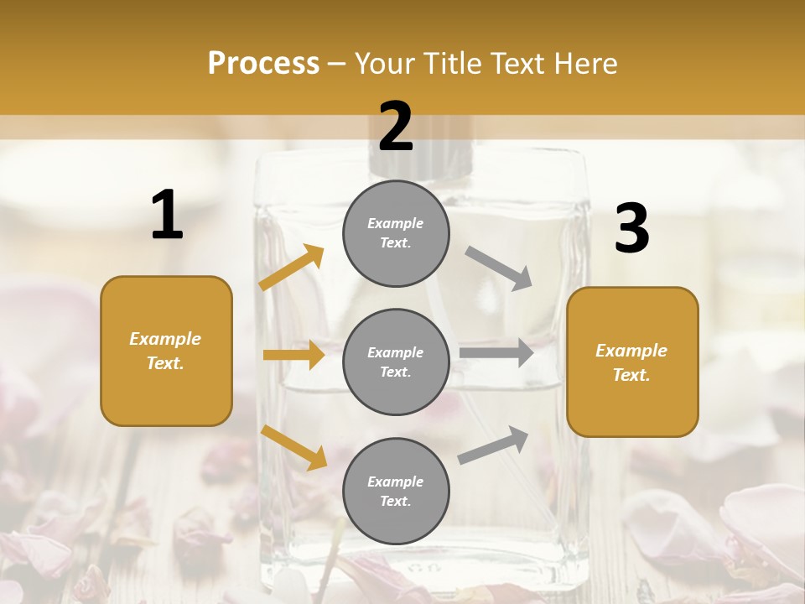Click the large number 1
pyautogui.click(x=167, y=215)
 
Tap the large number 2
pyautogui.click(x=396, y=127)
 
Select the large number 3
pyautogui.click(x=631, y=228)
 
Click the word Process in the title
pyautogui.click(x=263, y=63)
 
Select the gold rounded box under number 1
pyautogui.click(x=166, y=351)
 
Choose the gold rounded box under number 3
pyautogui.click(x=632, y=362)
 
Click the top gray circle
pyautogui.click(x=396, y=233)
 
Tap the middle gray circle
pyautogui.click(x=396, y=362)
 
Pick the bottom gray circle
pyautogui.click(x=396, y=491)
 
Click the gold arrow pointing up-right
pyautogui.click(x=292, y=268)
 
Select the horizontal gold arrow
pyautogui.click(x=293, y=355)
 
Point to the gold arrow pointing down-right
pyautogui.click(x=293, y=446)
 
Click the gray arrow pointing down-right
pyautogui.click(x=498, y=268)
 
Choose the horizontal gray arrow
pyautogui.click(x=496, y=352)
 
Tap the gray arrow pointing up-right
pyautogui.click(x=493, y=445)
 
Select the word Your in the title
pyautogui.click(x=386, y=63)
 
